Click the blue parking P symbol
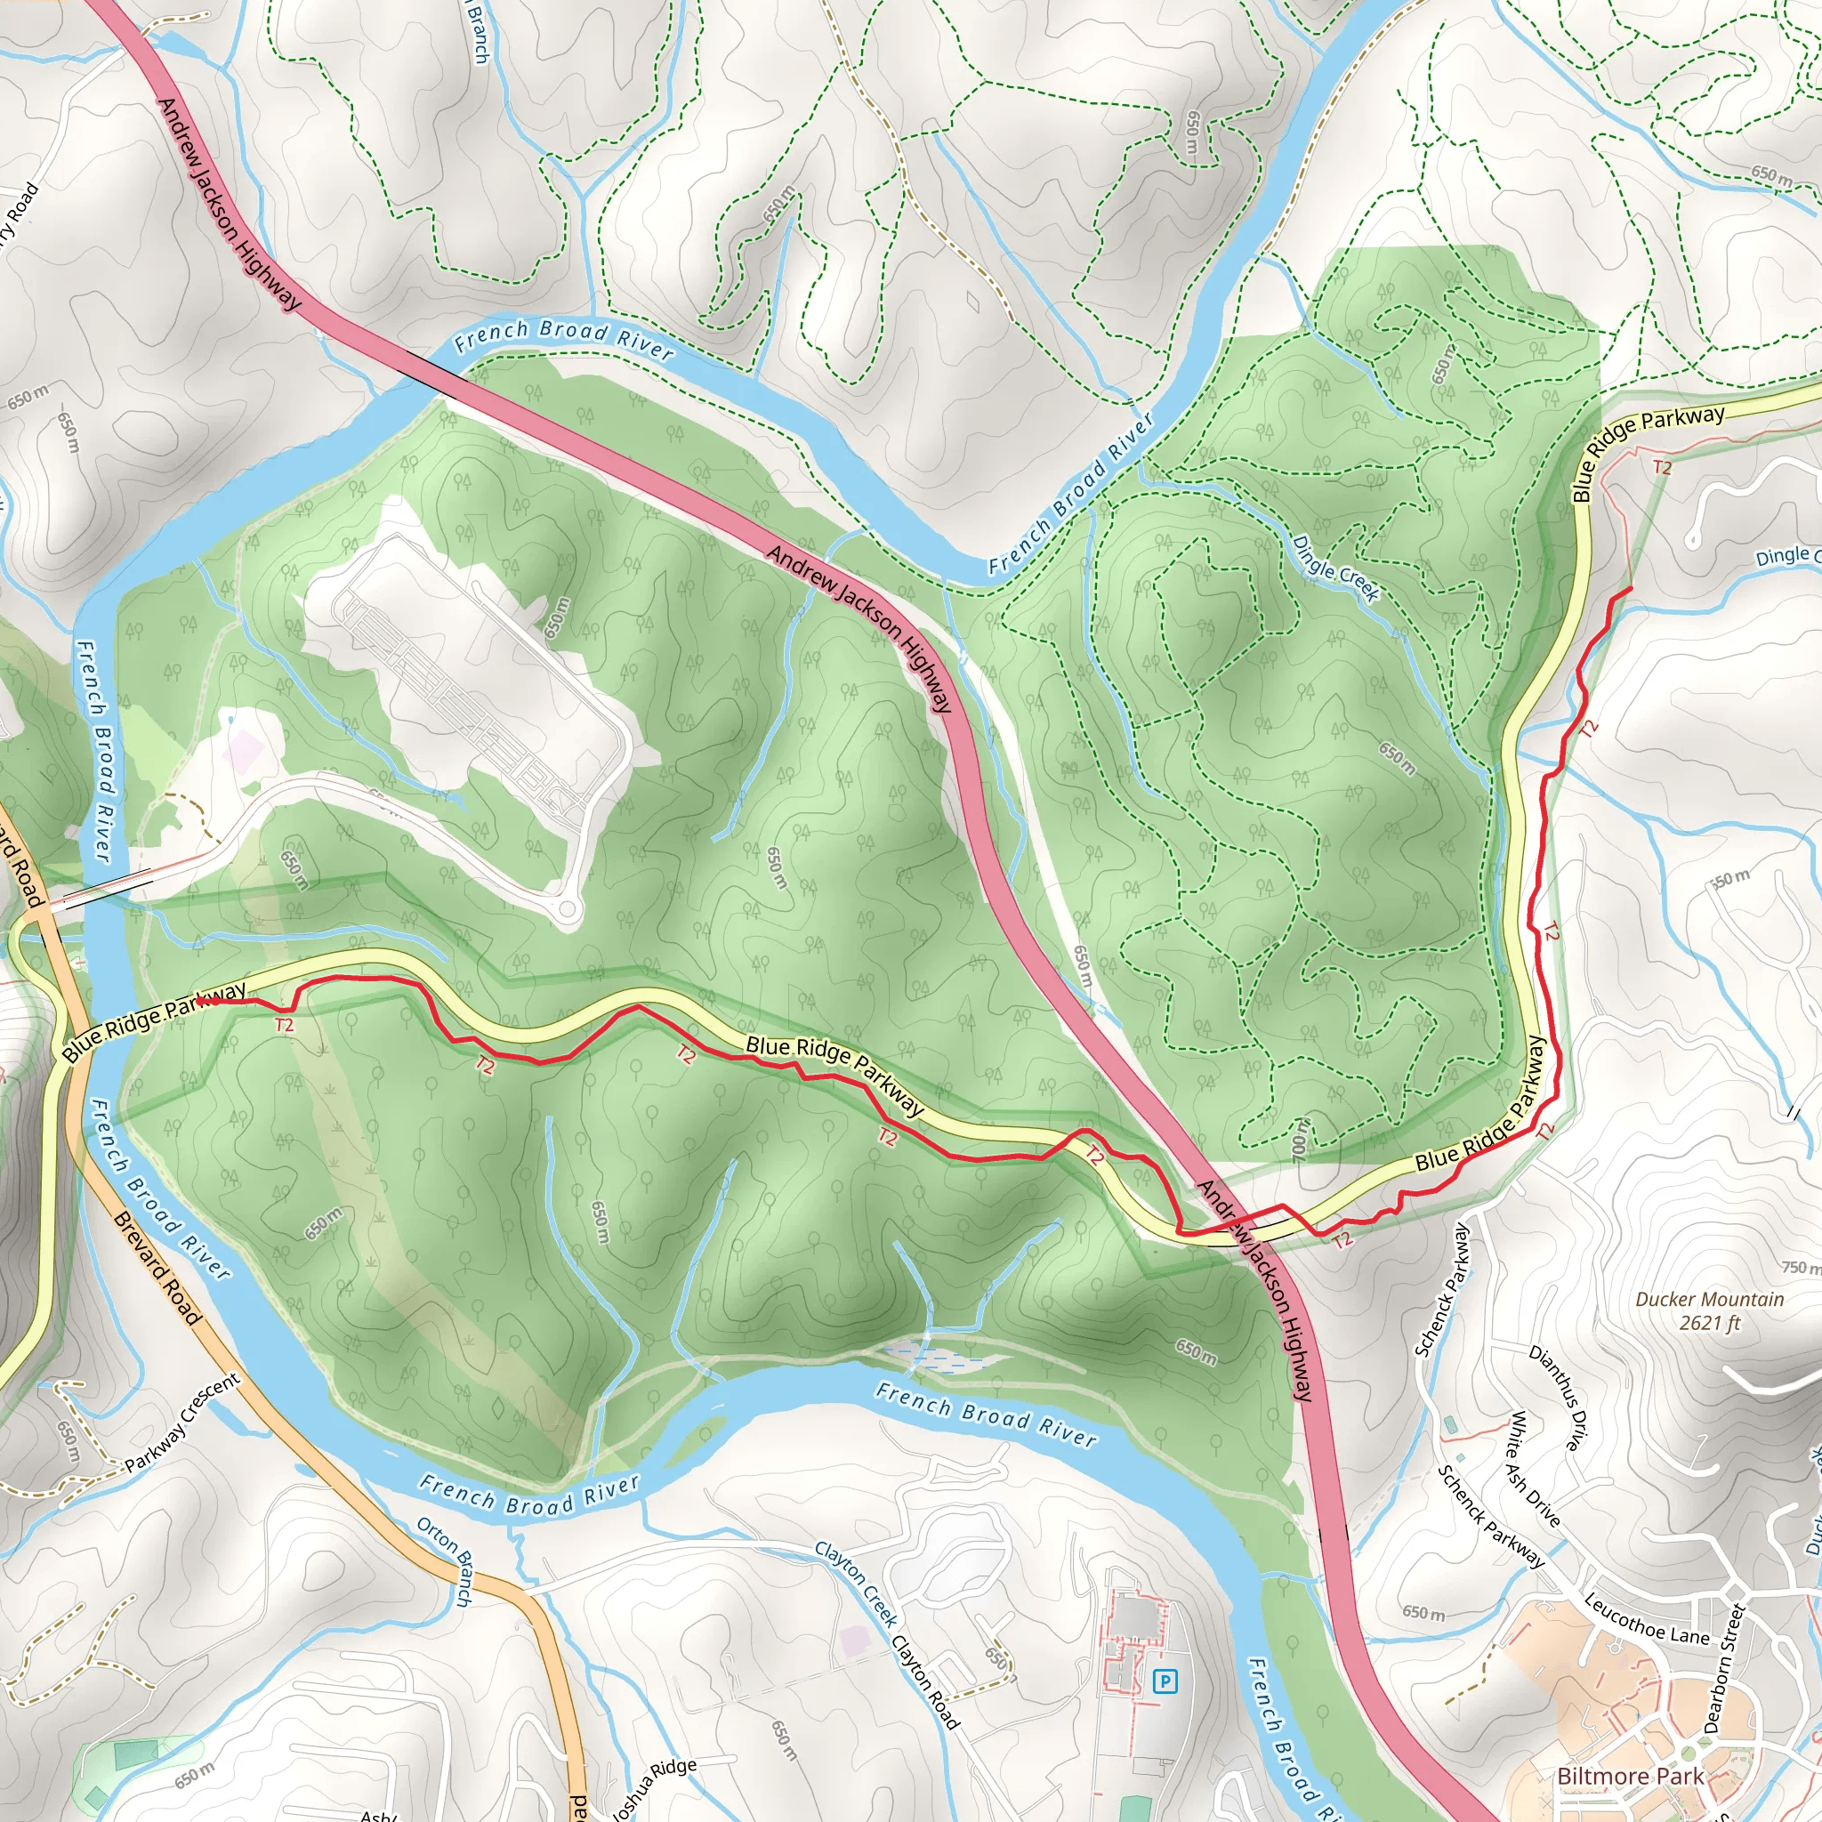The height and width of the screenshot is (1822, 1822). click(x=1165, y=1681)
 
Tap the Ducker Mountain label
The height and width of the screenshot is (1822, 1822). click(x=1709, y=1300)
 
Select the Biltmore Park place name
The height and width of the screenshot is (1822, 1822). click(x=1630, y=1777)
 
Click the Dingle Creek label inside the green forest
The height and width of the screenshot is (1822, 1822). click(x=1335, y=568)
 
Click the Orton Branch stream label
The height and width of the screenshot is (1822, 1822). click(x=444, y=1560)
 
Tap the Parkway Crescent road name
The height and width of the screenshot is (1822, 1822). click(x=183, y=1423)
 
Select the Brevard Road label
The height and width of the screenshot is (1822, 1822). click(x=157, y=1269)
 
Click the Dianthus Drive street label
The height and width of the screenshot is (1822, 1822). click(x=1560, y=1397)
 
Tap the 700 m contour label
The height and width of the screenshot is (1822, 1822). click(x=1300, y=1140)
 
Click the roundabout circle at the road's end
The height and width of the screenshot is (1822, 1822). click(x=567, y=910)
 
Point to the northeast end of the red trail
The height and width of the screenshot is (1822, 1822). click(x=1631, y=588)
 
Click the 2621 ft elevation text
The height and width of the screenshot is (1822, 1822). click(x=1709, y=1323)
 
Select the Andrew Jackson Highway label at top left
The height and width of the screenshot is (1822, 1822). click(x=230, y=204)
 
